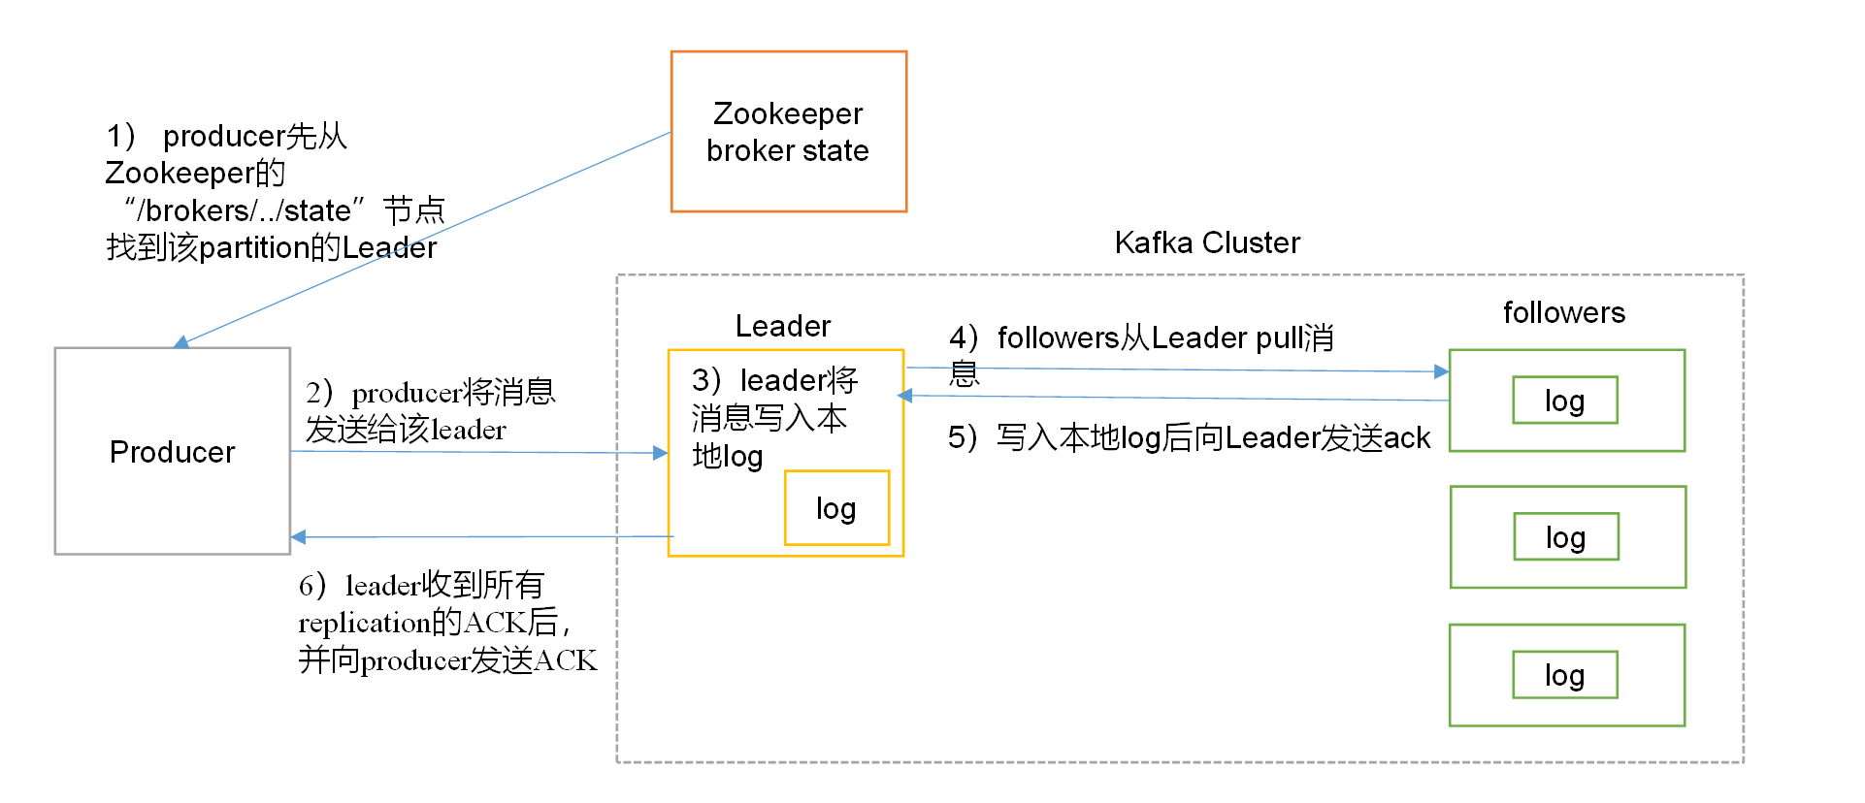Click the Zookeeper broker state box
pos(788,132)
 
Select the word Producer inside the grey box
pos(172,452)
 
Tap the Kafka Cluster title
pos(1206,242)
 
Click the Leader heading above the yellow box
pos(782,326)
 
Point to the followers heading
pos(1563,312)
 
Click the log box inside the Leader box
pos(835,508)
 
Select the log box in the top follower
pos(1564,401)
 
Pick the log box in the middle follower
pos(1565,537)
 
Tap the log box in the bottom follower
pos(1564,675)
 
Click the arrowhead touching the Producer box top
pos(181,342)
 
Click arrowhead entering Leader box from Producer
pos(661,453)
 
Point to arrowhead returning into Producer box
pos(299,536)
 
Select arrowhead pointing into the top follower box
pos(1441,371)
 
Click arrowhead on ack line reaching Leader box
pos(905,396)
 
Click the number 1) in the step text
pos(121,136)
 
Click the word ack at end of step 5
pos(1406,438)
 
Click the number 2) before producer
pos(319,393)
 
